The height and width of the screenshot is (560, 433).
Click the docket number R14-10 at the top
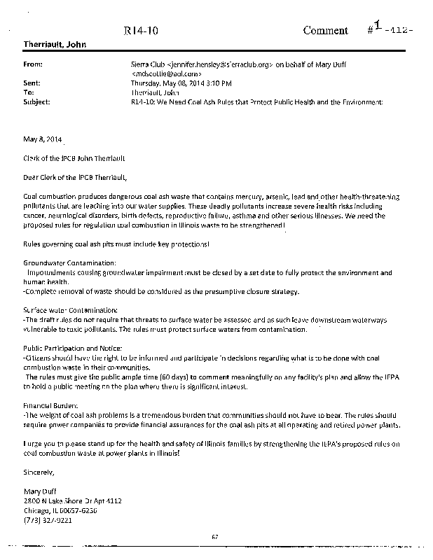click(x=138, y=31)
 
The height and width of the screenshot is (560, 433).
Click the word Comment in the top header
click(x=325, y=31)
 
